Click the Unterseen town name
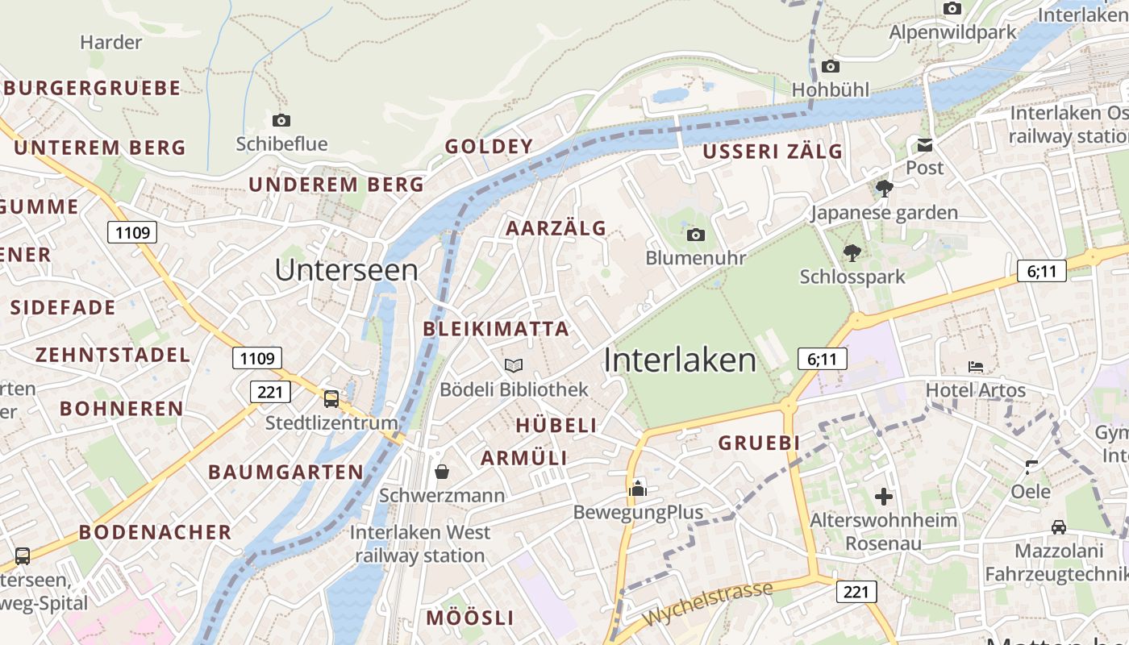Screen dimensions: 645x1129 tap(347, 270)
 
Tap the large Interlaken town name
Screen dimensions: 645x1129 tap(680, 360)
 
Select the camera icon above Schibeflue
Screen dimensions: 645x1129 tap(281, 120)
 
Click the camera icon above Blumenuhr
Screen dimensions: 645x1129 tap(695, 235)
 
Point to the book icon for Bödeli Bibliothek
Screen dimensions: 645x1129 tap(514, 365)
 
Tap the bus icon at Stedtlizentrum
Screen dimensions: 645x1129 tap(331, 398)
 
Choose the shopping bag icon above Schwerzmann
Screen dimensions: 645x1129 tap(442, 471)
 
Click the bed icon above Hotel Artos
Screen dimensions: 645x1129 tap(976, 367)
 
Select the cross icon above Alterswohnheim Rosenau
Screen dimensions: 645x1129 tap(884, 496)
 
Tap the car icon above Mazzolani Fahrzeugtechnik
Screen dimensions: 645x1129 tap(1059, 526)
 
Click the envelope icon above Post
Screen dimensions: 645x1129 tap(924, 145)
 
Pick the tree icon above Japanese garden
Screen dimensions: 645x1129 tap(884, 189)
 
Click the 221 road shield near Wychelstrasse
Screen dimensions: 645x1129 tap(856, 592)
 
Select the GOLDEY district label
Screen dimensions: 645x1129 tap(489, 147)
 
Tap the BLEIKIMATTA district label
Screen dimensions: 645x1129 tap(496, 329)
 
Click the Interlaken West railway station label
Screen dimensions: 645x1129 tap(420, 543)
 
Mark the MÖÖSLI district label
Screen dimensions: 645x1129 tap(469, 618)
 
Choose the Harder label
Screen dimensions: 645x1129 tap(111, 42)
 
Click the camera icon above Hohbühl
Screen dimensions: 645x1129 tap(831, 66)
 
